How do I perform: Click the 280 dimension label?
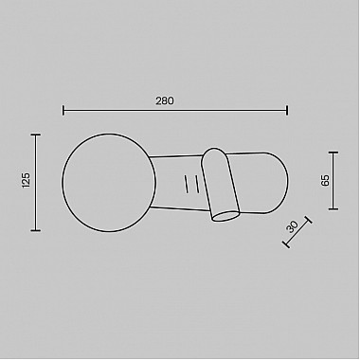[x=165, y=100]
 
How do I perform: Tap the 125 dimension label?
[x=26, y=180]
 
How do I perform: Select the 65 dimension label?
[x=325, y=180]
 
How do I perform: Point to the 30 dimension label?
[x=292, y=226]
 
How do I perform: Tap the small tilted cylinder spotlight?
[x=220, y=184]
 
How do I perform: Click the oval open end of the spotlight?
[x=225, y=216]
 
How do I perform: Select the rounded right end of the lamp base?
[x=278, y=183]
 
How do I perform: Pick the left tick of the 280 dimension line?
[x=63, y=111]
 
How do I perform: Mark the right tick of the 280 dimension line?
[x=287, y=111]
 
